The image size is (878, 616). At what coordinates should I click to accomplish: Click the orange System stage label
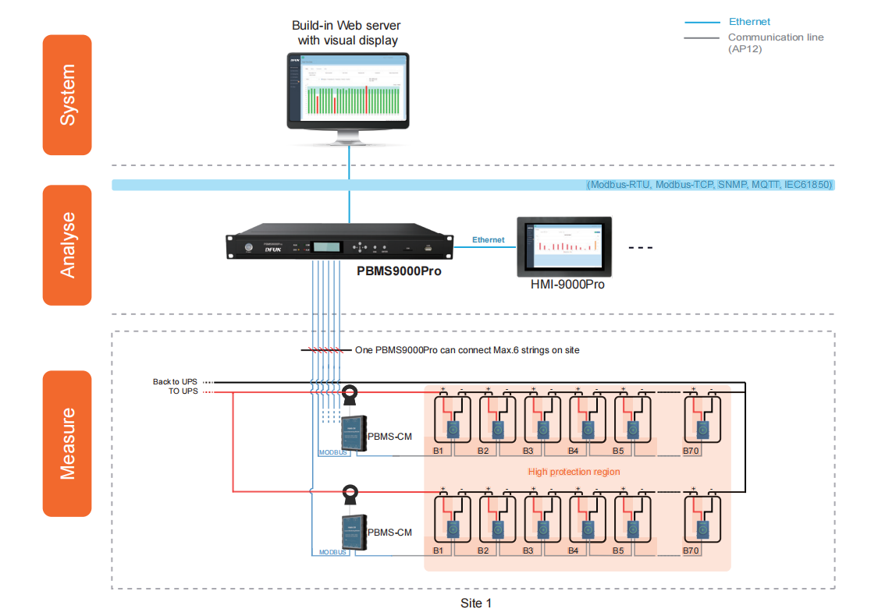pyautogui.click(x=67, y=95)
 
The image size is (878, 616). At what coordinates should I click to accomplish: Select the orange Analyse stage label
pyautogui.click(x=67, y=244)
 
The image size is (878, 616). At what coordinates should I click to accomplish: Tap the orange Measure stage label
pyautogui.click(x=67, y=443)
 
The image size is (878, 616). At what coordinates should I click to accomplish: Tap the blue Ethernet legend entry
pyautogui.click(x=748, y=22)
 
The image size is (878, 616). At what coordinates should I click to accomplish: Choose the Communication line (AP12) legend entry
pyautogui.click(x=775, y=42)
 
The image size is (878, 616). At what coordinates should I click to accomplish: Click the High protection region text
pyautogui.click(x=574, y=472)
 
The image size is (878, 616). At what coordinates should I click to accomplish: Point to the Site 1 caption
pyautogui.click(x=476, y=603)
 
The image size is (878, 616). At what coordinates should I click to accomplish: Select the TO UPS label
pyautogui.click(x=183, y=391)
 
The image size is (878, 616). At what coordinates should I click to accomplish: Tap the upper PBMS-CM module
pyautogui.click(x=354, y=431)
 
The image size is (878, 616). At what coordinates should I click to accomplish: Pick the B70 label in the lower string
pyautogui.click(x=691, y=551)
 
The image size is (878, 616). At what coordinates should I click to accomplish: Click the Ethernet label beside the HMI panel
pyautogui.click(x=489, y=240)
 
